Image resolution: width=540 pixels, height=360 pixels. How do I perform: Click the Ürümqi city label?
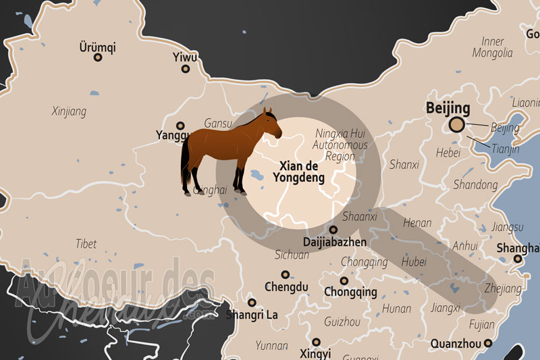click(98, 47)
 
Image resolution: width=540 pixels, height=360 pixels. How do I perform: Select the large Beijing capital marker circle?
click(457, 124)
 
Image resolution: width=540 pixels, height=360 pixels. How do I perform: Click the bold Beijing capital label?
click(448, 108)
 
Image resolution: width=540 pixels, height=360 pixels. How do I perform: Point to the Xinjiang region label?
click(69, 111)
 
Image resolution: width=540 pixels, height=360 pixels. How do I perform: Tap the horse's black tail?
click(185, 165)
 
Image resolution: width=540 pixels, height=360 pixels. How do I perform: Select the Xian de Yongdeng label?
click(298, 172)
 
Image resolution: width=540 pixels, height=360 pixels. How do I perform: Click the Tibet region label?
click(86, 244)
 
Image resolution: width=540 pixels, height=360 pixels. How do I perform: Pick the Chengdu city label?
click(286, 287)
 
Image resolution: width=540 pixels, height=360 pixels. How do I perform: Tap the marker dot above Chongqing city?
click(344, 280)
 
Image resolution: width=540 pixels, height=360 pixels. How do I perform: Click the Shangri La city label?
click(252, 315)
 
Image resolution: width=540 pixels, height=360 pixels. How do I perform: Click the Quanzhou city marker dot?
click(487, 343)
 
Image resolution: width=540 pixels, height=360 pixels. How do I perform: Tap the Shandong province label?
click(475, 184)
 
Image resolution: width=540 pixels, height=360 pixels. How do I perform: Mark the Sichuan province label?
click(292, 255)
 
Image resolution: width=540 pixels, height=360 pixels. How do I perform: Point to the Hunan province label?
click(396, 309)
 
